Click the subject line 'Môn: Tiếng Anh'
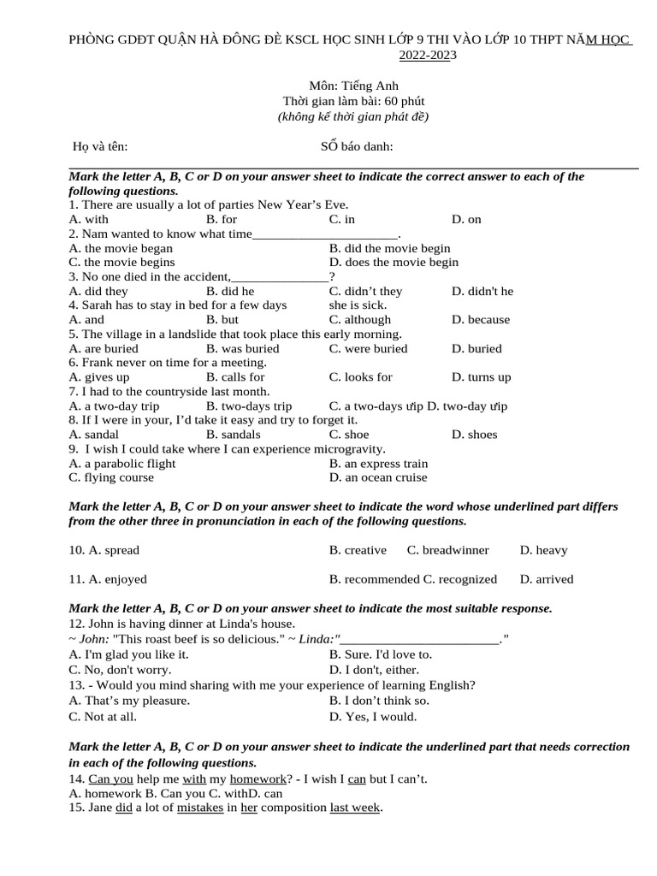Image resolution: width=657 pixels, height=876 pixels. click(353, 86)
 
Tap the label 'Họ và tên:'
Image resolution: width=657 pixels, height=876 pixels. click(100, 146)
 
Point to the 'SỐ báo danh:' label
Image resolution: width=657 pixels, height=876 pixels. click(357, 146)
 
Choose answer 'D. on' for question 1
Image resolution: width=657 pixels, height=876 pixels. click(466, 219)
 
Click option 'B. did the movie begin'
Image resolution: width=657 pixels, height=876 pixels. click(389, 248)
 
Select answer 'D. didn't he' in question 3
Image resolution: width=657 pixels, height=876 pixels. click(482, 291)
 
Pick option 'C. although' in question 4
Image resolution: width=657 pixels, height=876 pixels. click(359, 319)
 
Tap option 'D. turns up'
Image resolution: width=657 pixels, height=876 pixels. click(481, 376)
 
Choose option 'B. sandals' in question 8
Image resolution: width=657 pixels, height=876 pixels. click(234, 434)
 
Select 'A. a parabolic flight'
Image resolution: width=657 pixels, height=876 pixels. click(122, 463)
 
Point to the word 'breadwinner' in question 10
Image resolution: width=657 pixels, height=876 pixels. click(455, 550)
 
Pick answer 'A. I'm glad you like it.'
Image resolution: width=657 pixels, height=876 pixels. click(128, 654)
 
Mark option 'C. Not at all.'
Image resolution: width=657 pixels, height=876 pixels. click(103, 717)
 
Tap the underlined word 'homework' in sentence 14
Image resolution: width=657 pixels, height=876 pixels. click(257, 778)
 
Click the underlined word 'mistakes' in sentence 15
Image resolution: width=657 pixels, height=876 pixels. click(200, 808)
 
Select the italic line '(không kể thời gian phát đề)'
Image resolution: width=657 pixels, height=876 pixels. click(353, 116)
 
